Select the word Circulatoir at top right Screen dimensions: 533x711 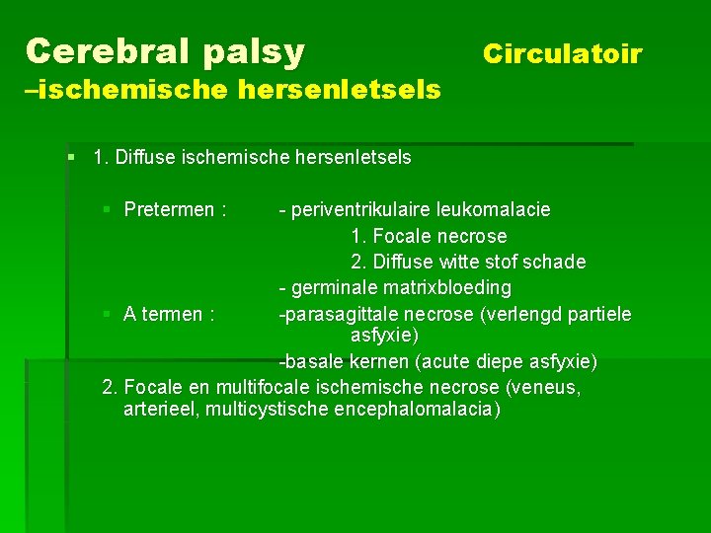pos(562,53)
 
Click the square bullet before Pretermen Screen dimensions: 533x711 pos(108,209)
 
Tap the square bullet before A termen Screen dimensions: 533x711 pos(108,314)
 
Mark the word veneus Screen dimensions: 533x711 pos(548,386)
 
